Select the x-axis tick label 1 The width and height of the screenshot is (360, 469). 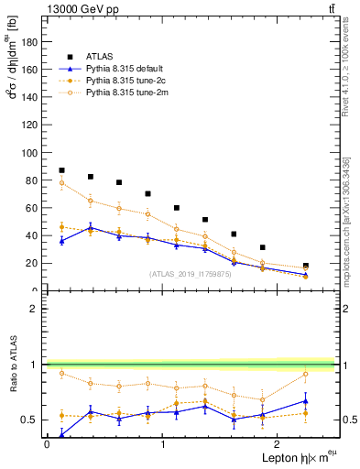(162, 443)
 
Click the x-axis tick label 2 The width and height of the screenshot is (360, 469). (278, 443)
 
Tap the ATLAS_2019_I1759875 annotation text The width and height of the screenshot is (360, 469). (191, 274)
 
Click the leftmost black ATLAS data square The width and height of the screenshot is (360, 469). (61, 170)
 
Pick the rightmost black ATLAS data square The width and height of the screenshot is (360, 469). (306, 266)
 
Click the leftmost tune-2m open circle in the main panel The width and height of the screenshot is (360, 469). (61, 183)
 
